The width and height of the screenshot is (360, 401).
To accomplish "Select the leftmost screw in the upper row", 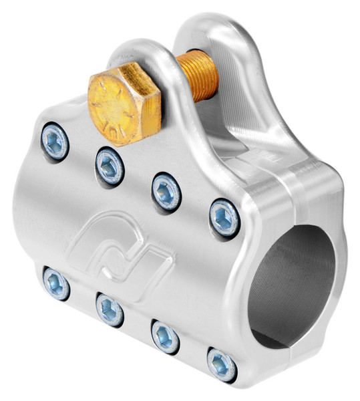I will (x=54, y=141).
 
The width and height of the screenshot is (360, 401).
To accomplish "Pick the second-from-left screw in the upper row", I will (x=110, y=164).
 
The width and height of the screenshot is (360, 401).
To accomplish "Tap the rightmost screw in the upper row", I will (x=224, y=217).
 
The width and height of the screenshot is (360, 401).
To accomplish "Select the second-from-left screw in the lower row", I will (x=109, y=309).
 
